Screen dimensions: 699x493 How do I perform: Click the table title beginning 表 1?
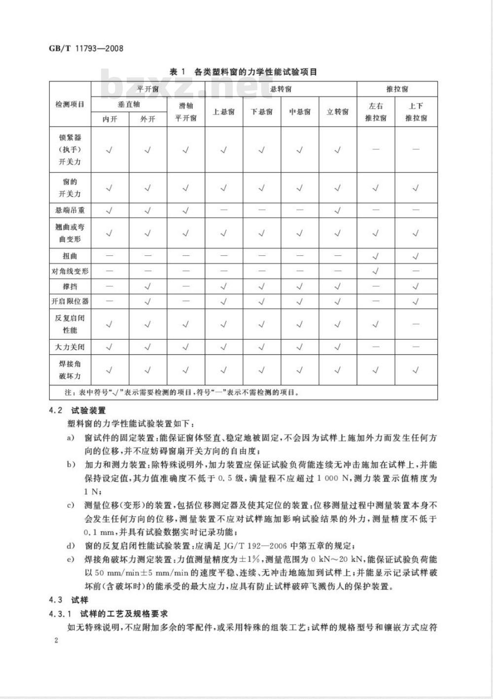[x=243, y=72]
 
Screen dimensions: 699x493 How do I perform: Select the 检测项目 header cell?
[x=70, y=105]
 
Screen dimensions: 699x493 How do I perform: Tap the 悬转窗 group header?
[x=281, y=89]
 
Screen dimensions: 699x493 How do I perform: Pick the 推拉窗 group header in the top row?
[x=397, y=89]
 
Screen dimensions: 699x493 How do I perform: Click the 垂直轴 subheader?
[x=129, y=105]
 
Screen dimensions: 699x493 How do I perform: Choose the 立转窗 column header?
[x=338, y=112]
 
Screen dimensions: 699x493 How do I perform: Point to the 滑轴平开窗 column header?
[x=186, y=112]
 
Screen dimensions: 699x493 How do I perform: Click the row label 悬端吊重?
[x=70, y=210]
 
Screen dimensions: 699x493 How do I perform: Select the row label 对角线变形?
[x=70, y=271]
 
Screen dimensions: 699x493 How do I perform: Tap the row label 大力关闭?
[x=70, y=347]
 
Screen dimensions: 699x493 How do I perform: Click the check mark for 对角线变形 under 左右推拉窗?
[x=376, y=271]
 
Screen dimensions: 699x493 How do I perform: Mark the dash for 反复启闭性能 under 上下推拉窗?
[x=416, y=324]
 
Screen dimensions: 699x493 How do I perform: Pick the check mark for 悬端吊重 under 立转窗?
[x=338, y=210]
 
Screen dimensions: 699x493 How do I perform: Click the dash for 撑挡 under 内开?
[x=109, y=286]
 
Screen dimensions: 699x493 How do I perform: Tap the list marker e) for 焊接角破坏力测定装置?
[x=71, y=559]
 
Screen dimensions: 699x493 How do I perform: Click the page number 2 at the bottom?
[x=56, y=640]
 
